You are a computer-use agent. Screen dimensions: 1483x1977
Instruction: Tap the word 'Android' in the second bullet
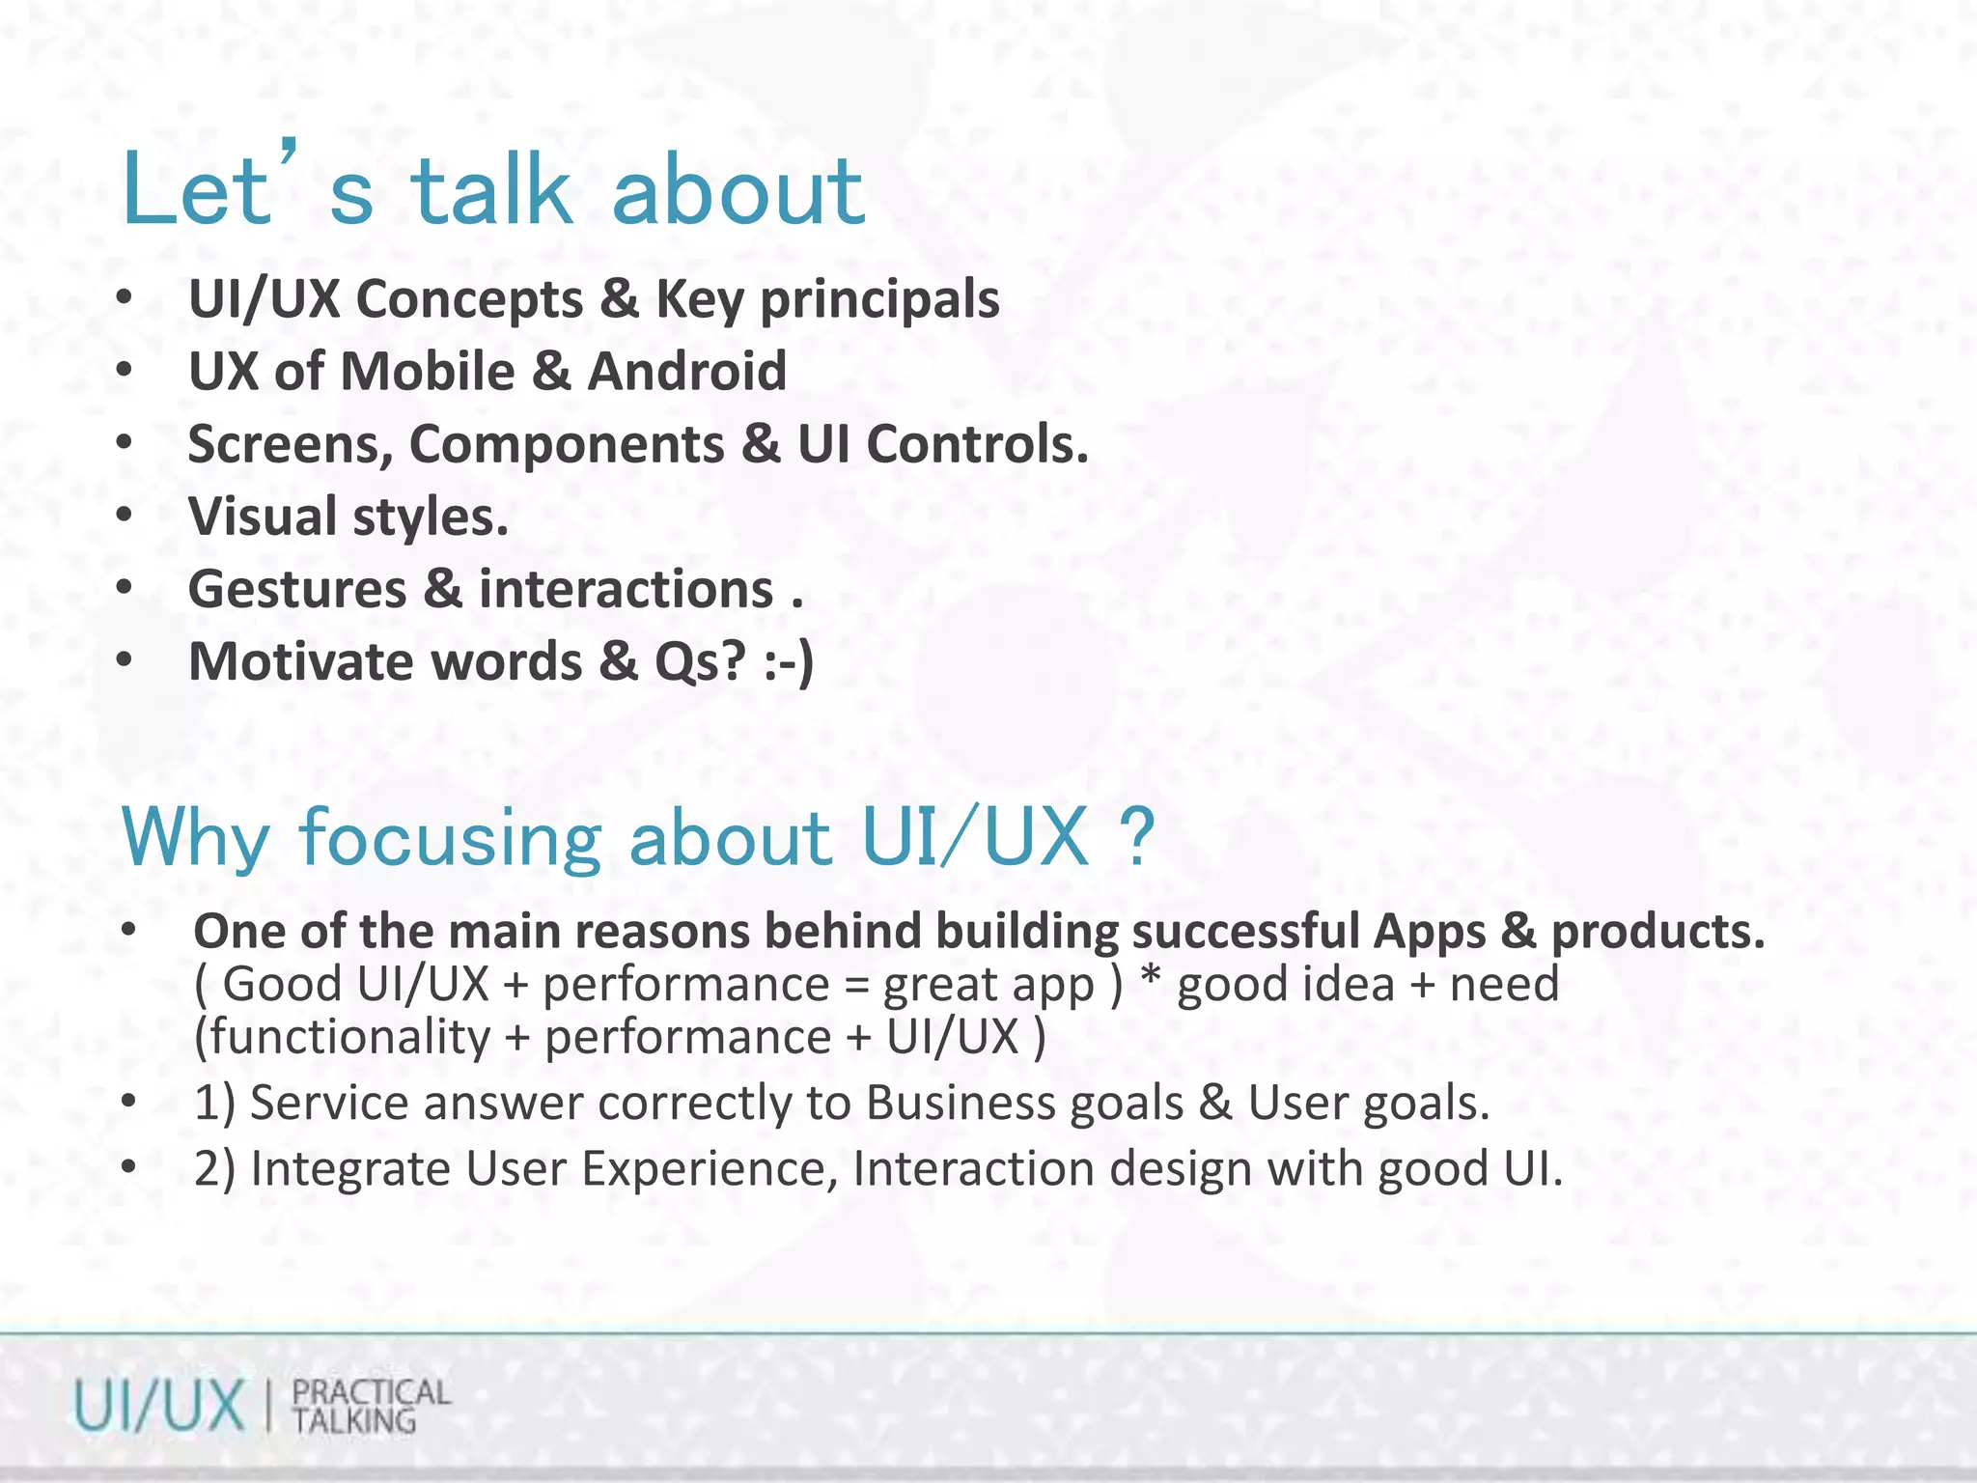pyautogui.click(x=686, y=372)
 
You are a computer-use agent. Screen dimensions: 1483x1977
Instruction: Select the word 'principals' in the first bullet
pyautogui.click(x=879, y=299)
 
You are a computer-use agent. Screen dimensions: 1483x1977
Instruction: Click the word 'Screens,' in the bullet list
pyautogui.click(x=290, y=445)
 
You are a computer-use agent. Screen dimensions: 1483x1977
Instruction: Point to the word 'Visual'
pyautogui.click(x=262, y=517)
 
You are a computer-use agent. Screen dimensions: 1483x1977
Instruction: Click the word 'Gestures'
pyautogui.click(x=297, y=589)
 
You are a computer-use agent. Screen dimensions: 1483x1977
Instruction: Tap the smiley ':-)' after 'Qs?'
pyautogui.click(x=789, y=662)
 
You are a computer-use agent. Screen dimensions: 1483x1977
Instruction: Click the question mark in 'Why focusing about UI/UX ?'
pyautogui.click(x=1139, y=837)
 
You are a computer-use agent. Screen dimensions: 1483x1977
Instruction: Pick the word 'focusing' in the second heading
pyautogui.click(x=451, y=837)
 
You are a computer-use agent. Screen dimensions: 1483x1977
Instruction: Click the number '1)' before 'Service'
pyautogui.click(x=214, y=1103)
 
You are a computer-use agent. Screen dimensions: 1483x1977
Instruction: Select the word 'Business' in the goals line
pyautogui.click(x=1024, y=1103)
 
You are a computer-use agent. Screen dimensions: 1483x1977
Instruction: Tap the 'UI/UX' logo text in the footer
pyautogui.click(x=159, y=1406)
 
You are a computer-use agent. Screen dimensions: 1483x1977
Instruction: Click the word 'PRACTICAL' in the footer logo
pyautogui.click(x=371, y=1391)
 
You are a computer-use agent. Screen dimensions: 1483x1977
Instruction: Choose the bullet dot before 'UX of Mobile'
pyautogui.click(x=124, y=371)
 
